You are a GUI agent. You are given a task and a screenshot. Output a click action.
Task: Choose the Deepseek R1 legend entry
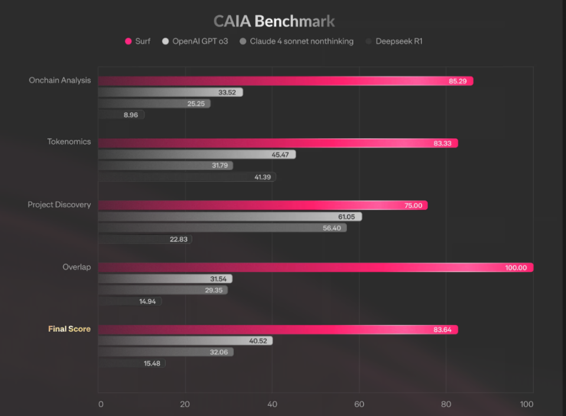(x=394, y=41)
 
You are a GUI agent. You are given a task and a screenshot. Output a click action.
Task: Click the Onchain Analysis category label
(x=60, y=80)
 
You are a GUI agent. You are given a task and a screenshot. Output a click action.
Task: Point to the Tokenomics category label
(x=69, y=142)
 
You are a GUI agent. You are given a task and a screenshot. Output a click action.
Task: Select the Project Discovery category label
(x=60, y=205)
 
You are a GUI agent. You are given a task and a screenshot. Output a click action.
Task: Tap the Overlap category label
(x=77, y=267)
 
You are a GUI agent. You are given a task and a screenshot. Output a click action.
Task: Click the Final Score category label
(x=70, y=329)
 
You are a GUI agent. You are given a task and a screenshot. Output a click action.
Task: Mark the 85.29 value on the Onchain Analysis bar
(x=457, y=81)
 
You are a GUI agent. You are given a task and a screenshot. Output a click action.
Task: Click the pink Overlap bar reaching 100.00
(x=315, y=267)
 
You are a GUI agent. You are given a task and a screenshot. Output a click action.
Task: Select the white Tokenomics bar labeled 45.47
(x=197, y=154)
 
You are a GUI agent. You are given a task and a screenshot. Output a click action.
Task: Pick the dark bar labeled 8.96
(x=120, y=114)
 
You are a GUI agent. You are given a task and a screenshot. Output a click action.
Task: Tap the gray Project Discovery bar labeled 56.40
(x=222, y=228)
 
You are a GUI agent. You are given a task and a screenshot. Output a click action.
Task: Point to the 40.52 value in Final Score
(x=259, y=340)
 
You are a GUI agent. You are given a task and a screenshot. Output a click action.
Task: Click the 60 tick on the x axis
(x=359, y=404)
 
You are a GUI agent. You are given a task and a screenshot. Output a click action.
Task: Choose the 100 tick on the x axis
(x=526, y=404)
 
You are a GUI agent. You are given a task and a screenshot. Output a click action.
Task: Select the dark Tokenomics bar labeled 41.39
(x=187, y=176)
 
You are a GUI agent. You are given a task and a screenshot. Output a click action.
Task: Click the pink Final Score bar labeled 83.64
(x=277, y=329)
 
